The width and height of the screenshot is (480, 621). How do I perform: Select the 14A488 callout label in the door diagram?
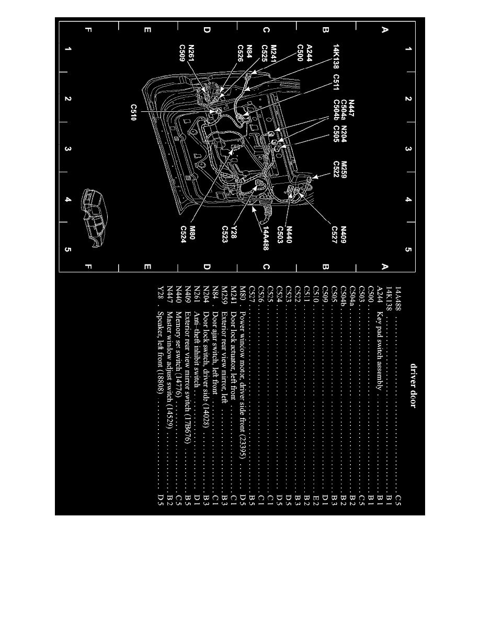266,238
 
